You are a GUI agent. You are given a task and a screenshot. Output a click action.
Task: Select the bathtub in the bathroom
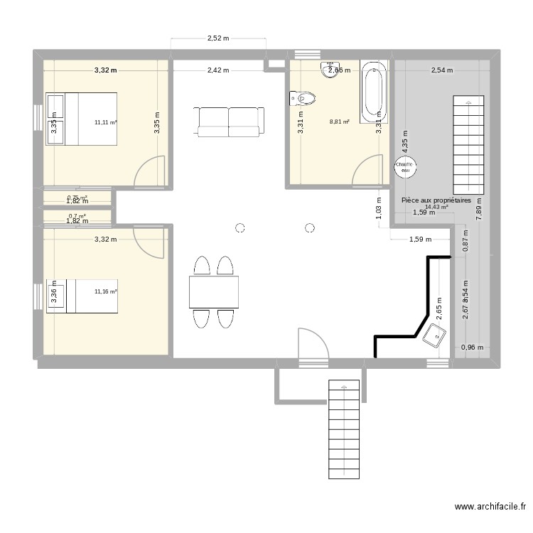pyautogui.click(x=373, y=92)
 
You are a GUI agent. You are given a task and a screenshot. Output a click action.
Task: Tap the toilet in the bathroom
pyautogui.click(x=305, y=96)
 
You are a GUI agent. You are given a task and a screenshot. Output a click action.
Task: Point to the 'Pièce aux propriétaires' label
pyautogui.click(x=436, y=201)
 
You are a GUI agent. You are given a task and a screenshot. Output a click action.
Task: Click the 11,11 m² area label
pyautogui.click(x=106, y=122)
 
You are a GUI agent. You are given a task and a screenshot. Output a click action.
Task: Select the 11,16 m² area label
pyautogui.click(x=106, y=291)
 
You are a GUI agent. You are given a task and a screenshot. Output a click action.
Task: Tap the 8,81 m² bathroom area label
pyautogui.click(x=340, y=122)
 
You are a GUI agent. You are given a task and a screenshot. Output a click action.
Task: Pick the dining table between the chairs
pyautogui.click(x=214, y=292)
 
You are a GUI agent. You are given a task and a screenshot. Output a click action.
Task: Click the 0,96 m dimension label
pyautogui.click(x=472, y=348)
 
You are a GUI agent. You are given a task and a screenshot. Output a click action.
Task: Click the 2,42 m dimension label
pyautogui.click(x=218, y=70)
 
